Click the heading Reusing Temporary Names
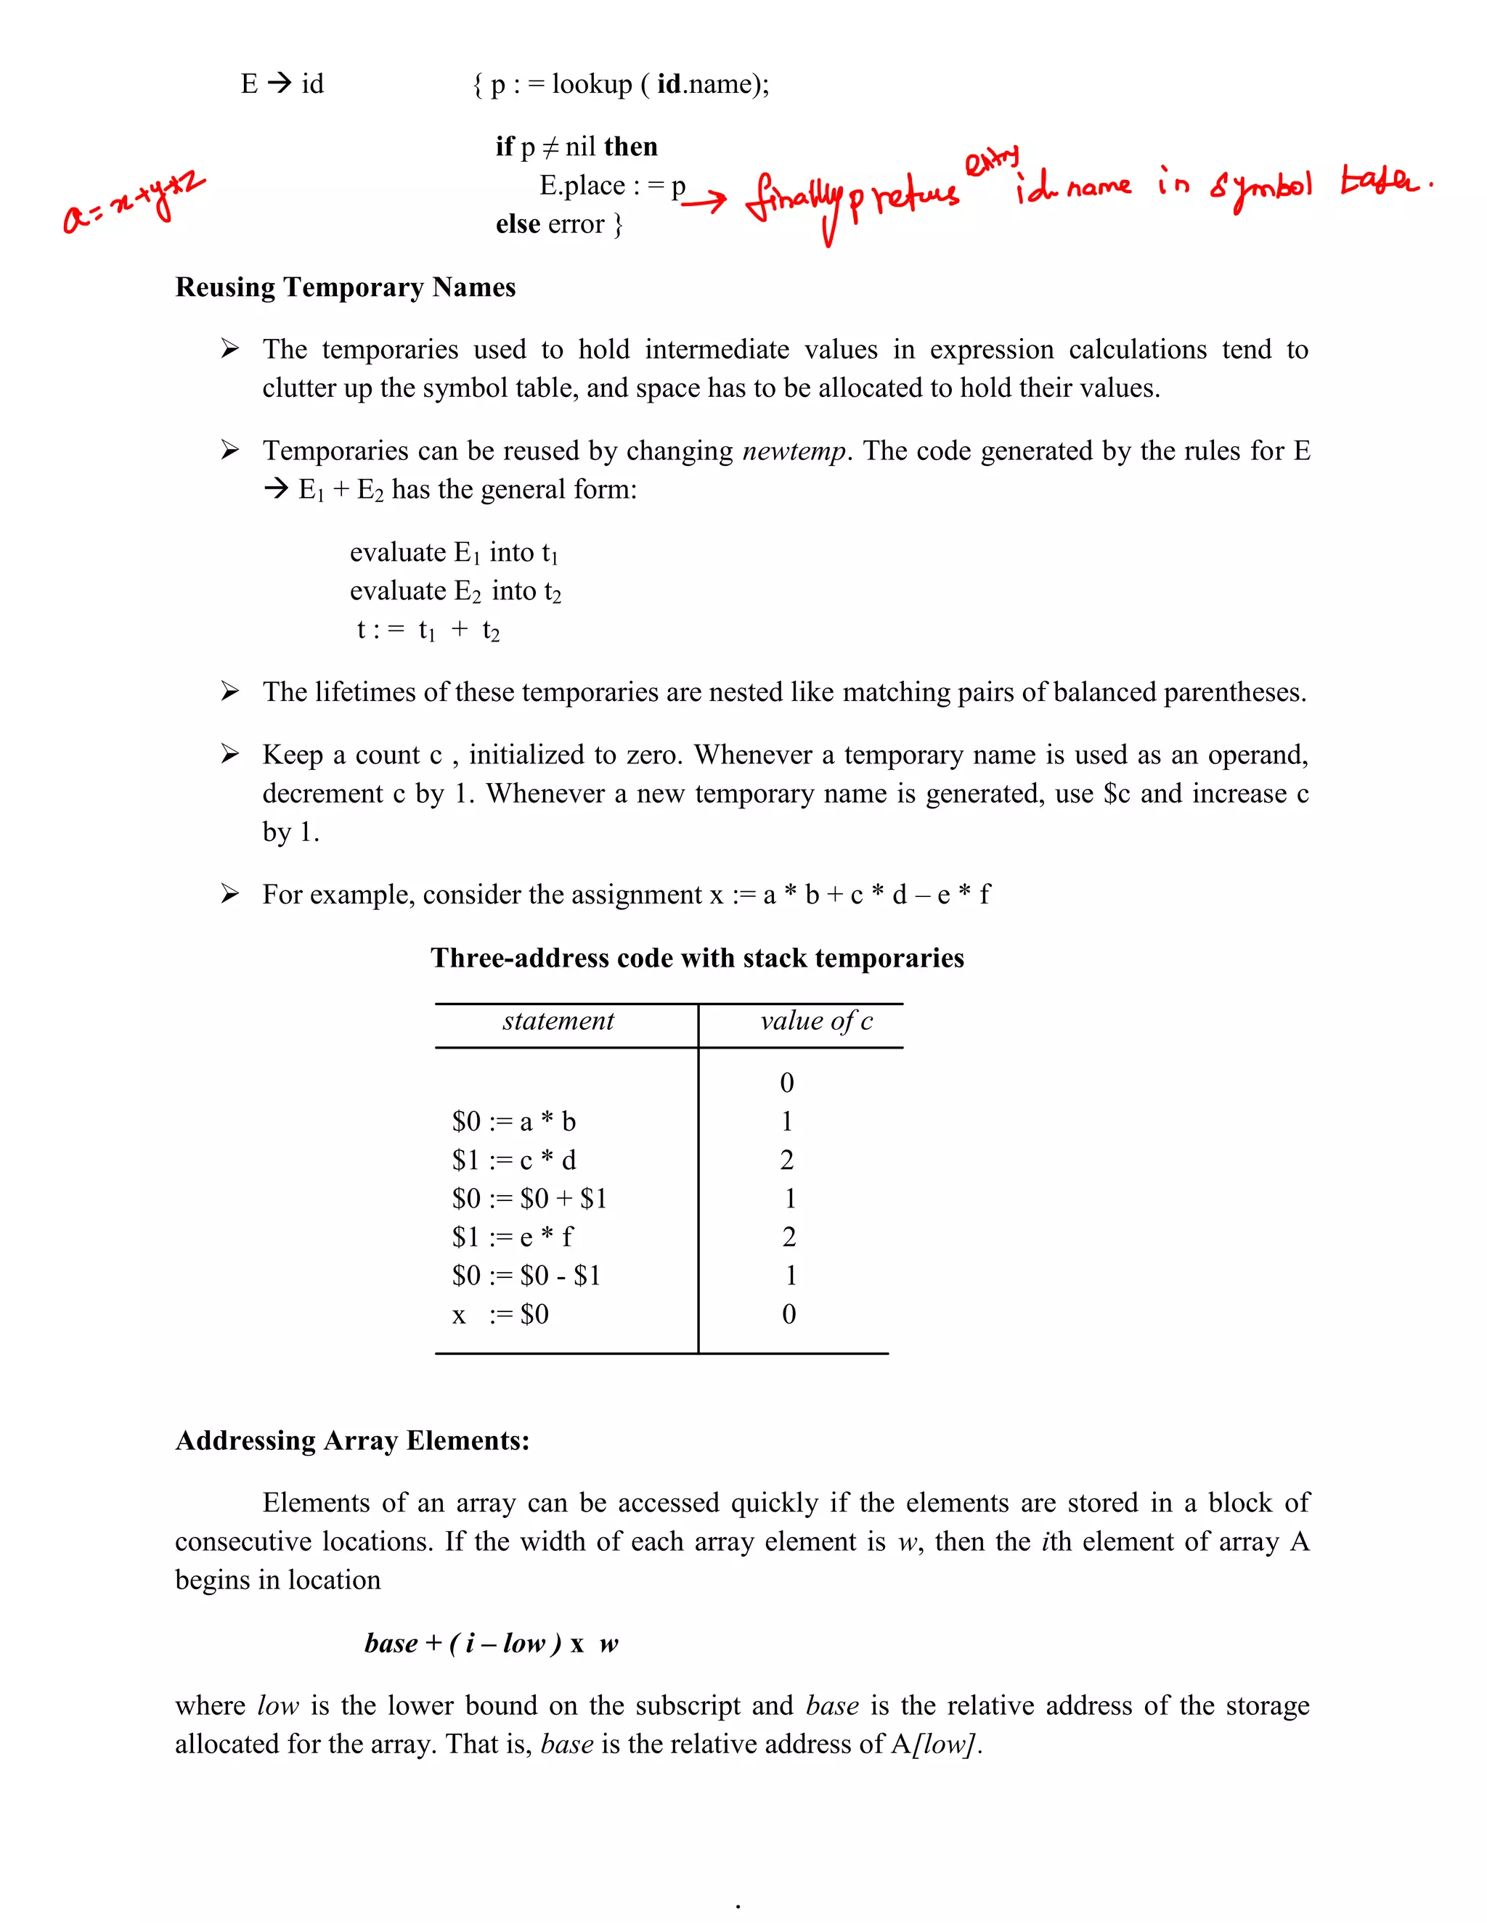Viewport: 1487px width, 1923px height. coord(346,287)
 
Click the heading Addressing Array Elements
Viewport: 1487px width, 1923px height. coord(352,1440)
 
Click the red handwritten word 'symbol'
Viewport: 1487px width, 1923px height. coord(1260,186)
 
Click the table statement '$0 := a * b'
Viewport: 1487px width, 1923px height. coord(513,1121)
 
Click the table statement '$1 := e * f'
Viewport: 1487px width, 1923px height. coord(512,1237)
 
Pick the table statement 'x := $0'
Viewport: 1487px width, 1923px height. coord(500,1315)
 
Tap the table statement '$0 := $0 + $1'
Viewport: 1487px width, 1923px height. coord(529,1198)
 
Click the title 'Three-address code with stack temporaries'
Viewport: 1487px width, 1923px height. coord(697,958)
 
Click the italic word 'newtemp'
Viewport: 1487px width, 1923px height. coord(794,451)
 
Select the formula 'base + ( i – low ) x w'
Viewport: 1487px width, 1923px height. coord(491,1643)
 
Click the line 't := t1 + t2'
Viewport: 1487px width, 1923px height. coord(428,630)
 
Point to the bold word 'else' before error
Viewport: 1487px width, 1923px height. coord(517,224)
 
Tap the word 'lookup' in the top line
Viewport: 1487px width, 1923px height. coord(591,83)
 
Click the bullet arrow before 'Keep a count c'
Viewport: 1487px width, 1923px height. coord(230,754)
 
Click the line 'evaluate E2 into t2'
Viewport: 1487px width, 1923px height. coord(455,591)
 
